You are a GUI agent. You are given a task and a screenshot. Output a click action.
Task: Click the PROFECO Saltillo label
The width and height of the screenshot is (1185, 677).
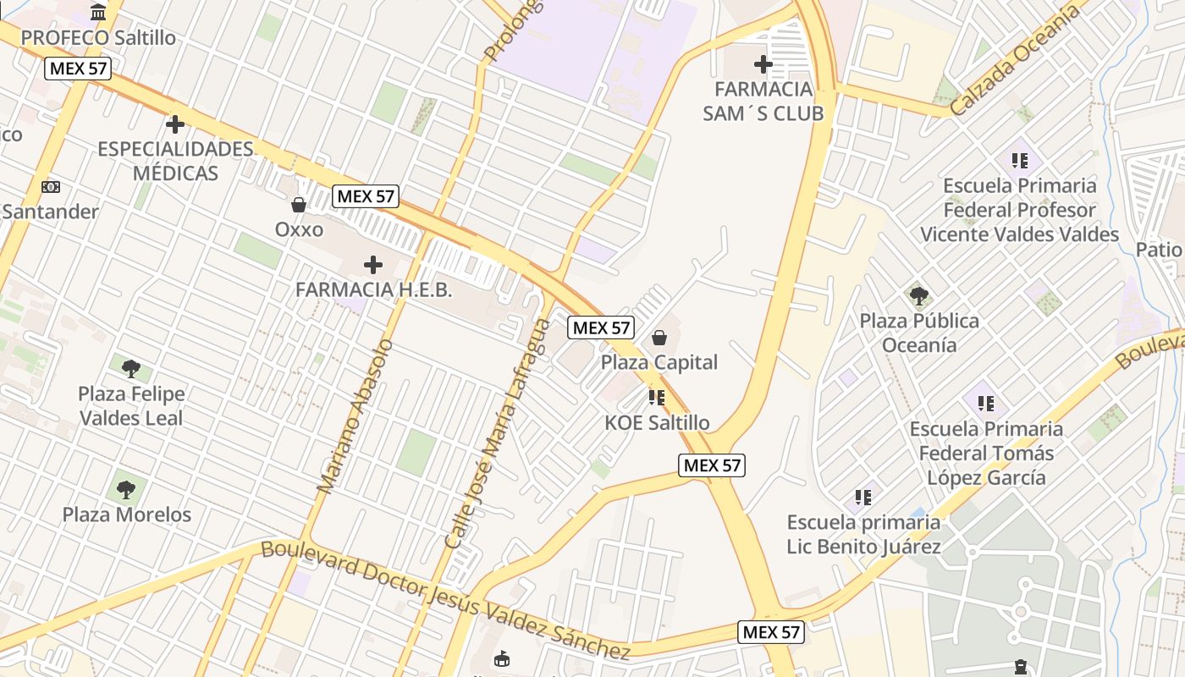point(98,38)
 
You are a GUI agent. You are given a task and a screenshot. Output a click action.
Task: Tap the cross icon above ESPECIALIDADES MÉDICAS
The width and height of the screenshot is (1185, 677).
point(175,124)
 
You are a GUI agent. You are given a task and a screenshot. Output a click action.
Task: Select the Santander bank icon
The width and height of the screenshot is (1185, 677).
point(51,187)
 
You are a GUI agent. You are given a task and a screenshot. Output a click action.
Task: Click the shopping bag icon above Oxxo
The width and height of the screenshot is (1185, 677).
point(299,205)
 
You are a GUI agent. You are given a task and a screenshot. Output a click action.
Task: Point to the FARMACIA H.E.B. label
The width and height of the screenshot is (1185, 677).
point(373,289)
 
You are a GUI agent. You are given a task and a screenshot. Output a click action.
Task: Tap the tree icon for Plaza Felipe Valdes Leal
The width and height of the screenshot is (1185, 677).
point(130,368)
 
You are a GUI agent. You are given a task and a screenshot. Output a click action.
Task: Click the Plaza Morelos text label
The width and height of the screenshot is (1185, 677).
point(127,515)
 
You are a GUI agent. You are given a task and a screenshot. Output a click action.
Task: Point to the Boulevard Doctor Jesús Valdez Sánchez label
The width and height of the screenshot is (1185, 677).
point(446,599)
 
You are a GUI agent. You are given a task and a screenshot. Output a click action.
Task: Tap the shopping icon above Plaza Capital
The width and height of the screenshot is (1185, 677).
point(659,338)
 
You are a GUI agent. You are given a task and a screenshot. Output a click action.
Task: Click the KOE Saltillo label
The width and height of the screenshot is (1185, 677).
point(658,422)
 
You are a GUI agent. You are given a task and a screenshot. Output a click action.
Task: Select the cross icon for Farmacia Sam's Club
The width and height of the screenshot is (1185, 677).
point(763,63)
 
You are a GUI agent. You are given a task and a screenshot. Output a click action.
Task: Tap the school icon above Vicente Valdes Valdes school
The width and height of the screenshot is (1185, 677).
point(1019,160)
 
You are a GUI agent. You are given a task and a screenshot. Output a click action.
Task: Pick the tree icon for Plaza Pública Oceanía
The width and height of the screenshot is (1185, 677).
point(919,295)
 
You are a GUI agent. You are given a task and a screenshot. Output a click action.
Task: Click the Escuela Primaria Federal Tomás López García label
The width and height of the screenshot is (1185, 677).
point(986,453)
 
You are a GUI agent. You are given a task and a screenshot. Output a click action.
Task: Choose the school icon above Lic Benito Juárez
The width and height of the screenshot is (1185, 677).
point(863,497)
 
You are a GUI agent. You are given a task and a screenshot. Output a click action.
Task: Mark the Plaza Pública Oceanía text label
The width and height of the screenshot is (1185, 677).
point(919,333)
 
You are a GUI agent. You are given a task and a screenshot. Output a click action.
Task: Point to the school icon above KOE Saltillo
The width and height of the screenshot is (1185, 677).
point(657,397)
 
